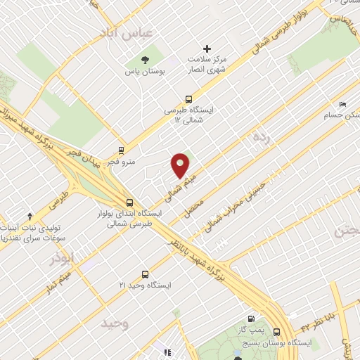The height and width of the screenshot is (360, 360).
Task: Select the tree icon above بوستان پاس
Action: [x=145, y=59]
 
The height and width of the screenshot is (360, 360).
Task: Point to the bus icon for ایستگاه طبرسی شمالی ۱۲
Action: [x=188, y=99]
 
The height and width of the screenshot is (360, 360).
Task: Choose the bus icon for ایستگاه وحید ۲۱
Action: [x=145, y=274]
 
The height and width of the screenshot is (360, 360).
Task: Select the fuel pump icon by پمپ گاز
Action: [x=251, y=317]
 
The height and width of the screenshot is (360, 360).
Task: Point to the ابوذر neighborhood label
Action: [x=61, y=259]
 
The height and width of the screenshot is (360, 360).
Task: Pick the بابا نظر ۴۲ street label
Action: [x=319, y=321]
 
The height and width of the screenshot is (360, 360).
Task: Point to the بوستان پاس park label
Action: [x=144, y=72]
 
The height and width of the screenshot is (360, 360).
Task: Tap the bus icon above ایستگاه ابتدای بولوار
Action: [x=122, y=200]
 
